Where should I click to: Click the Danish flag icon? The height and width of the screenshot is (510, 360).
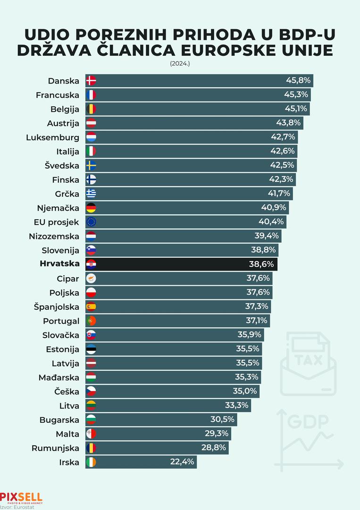click(x=92, y=81)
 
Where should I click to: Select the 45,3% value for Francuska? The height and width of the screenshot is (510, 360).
click(x=297, y=95)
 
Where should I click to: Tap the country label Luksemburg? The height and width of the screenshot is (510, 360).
click(x=52, y=137)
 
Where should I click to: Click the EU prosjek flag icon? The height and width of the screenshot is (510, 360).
click(x=92, y=222)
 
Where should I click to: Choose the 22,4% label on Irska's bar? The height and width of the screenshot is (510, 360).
click(x=182, y=462)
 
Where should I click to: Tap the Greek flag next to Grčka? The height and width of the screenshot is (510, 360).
click(x=92, y=194)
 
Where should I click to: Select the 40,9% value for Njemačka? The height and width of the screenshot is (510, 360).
click(x=274, y=208)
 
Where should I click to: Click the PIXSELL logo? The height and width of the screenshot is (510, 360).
click(x=21, y=498)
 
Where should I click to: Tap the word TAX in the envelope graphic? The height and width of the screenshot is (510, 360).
click(x=309, y=360)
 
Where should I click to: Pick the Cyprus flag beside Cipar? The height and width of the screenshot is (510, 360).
click(x=92, y=279)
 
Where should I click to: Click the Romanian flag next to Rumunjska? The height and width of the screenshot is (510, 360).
click(x=92, y=448)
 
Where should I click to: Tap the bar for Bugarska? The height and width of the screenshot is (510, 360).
click(x=160, y=419)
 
